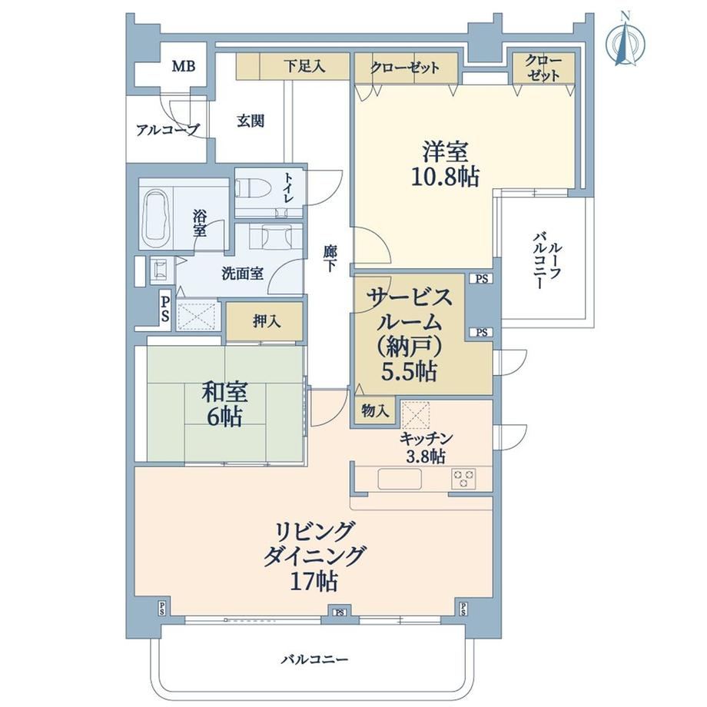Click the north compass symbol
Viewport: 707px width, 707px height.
pos(625,41)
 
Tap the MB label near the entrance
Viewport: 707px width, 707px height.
pos(184,67)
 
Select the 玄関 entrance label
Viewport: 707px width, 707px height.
pos(251,121)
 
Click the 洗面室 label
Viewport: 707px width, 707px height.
pos(243,274)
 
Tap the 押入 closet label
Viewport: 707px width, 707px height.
pos(267,321)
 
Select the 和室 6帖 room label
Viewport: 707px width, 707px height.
pos(224,405)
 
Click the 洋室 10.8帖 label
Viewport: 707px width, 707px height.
pos(445,164)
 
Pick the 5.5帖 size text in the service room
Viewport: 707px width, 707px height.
pos(410,373)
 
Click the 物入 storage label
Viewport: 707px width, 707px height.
pos(375,411)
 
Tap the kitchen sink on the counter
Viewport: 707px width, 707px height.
pos(400,479)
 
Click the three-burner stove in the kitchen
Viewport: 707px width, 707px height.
pos(463,478)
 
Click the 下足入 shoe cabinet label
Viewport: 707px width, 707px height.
pos(304,67)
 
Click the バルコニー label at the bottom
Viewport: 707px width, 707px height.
pos(315,659)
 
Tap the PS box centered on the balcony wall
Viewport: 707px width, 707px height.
pos(340,612)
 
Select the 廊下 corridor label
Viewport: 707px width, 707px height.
pos(330,259)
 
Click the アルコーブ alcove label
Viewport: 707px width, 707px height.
pos(168,131)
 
